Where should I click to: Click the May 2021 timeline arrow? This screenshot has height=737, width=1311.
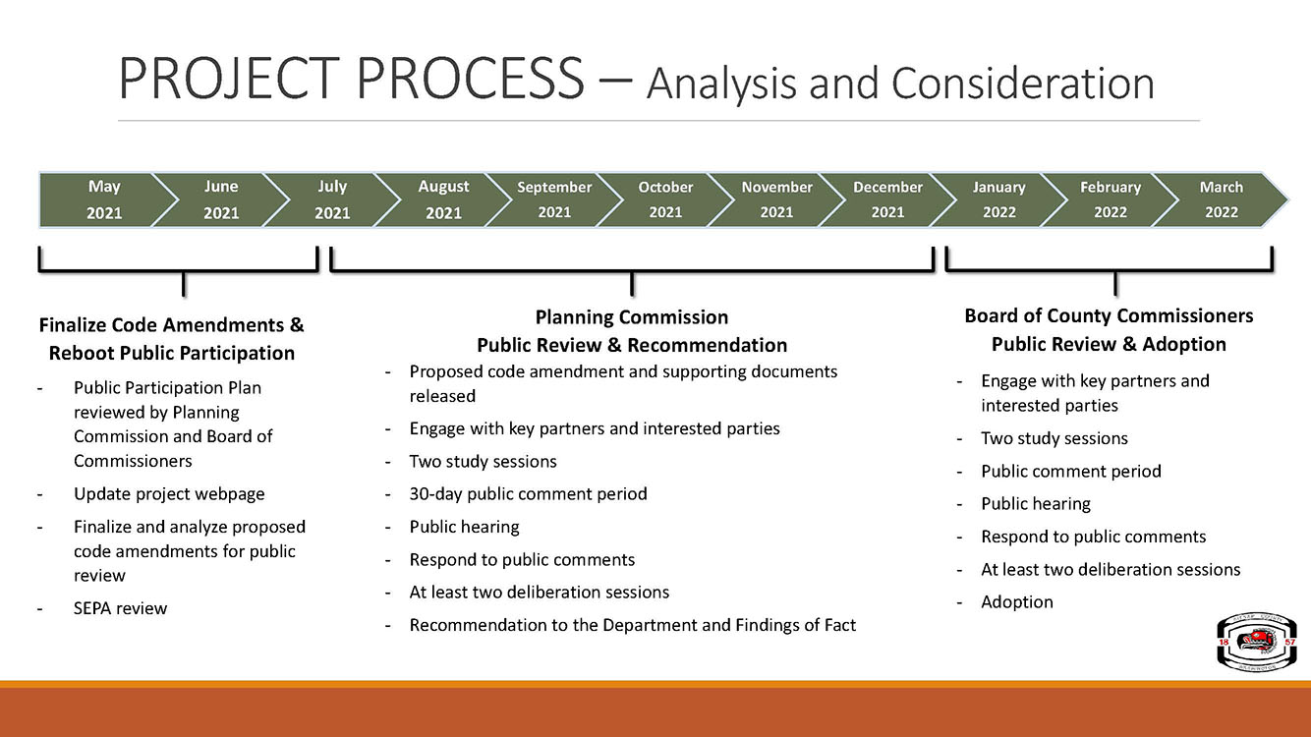[x=105, y=199]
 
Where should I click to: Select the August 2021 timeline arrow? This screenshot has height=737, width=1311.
[x=443, y=199]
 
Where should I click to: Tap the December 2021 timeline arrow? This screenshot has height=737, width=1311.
[x=887, y=199]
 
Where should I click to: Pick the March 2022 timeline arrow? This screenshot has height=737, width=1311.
[x=1221, y=199]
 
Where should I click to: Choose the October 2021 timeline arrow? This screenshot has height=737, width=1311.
[x=665, y=199]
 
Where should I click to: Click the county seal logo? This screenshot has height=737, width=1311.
[x=1249, y=642]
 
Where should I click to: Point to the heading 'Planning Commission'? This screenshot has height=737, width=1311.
[x=632, y=317]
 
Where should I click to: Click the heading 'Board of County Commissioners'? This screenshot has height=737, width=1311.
[x=1109, y=316]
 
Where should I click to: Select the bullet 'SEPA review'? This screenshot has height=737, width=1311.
[x=120, y=608]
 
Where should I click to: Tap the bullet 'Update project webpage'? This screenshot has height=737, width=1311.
[x=169, y=494]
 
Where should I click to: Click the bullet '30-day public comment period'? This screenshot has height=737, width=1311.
[x=528, y=494]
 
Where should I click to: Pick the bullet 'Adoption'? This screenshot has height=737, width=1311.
[x=1016, y=601]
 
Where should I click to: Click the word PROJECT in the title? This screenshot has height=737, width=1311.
[x=229, y=79]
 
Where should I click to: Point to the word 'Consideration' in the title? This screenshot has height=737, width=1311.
[x=1022, y=84]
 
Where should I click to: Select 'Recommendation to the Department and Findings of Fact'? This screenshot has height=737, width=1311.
[x=632, y=625]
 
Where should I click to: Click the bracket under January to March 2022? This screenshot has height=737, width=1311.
[x=1110, y=270]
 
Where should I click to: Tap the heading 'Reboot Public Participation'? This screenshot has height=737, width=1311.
[x=171, y=354]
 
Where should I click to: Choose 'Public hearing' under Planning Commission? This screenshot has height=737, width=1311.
[x=464, y=527]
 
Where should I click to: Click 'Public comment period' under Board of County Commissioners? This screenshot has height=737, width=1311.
[x=1071, y=472]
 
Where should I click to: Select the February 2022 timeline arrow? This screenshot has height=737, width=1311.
[x=1110, y=199]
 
